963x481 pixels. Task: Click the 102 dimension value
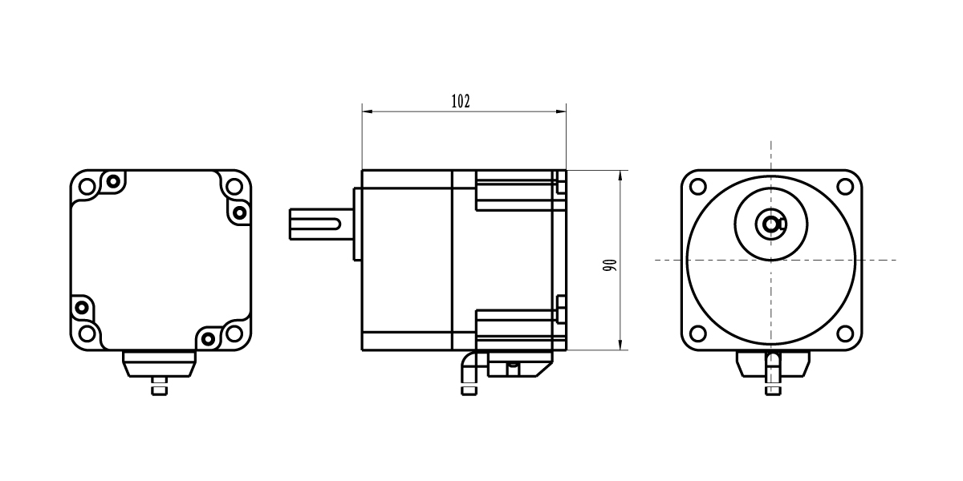[461, 101]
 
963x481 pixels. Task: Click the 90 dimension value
[610, 265]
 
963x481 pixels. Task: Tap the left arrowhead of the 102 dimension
[368, 111]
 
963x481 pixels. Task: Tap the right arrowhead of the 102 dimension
[561, 111]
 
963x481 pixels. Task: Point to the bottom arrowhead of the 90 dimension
[620, 345]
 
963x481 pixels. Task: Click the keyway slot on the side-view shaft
[316, 224]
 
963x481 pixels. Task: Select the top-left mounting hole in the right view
[697, 186]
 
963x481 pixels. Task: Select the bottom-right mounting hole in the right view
[845, 333]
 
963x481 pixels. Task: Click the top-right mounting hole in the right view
[845, 186]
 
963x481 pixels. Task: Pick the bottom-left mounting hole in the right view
[697, 333]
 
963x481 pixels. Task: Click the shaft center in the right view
[771, 224]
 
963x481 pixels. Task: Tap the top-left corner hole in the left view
[87, 187]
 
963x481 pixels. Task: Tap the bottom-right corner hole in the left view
[234, 333]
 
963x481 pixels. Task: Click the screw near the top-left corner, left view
[113, 181]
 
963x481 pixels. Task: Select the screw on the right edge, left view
[240, 212]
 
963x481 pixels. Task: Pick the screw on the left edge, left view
[82, 308]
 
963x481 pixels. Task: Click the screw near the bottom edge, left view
[208, 339]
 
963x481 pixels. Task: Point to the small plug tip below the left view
[160, 391]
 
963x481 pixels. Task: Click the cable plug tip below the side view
[469, 391]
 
